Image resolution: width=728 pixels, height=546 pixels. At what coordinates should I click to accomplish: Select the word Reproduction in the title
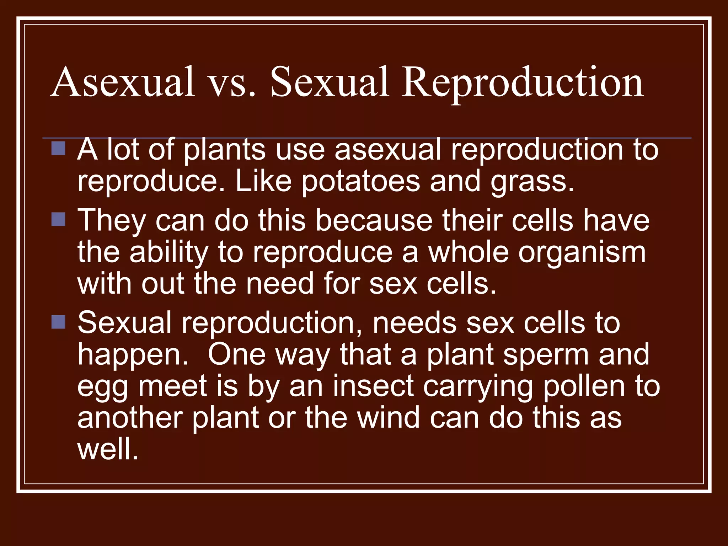coord(523,82)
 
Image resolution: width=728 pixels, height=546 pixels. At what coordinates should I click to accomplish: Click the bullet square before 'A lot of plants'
coord(58,148)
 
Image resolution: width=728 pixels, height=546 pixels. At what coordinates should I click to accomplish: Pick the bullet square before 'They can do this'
coord(58,219)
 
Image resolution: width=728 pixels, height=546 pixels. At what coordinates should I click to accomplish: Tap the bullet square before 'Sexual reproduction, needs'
coord(58,322)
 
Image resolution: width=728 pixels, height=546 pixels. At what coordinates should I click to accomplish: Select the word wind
coord(389,418)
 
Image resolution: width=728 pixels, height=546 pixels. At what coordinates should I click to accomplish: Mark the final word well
coord(107,449)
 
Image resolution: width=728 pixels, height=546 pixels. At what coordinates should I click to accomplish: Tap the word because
coord(374,220)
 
